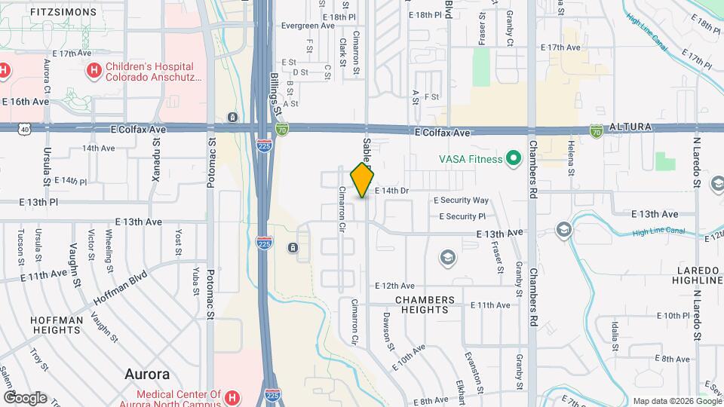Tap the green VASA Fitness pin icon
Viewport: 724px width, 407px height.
click(514, 158)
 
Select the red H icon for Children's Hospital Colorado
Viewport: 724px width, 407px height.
click(94, 72)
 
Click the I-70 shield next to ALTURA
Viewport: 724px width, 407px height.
click(597, 130)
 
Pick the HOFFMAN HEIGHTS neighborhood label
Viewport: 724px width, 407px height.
click(56, 325)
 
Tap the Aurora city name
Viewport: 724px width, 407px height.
click(146, 375)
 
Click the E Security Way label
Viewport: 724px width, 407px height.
click(461, 200)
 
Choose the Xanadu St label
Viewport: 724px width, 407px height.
click(158, 158)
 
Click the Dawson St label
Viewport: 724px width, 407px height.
click(388, 331)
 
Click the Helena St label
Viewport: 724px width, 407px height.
click(571, 158)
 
